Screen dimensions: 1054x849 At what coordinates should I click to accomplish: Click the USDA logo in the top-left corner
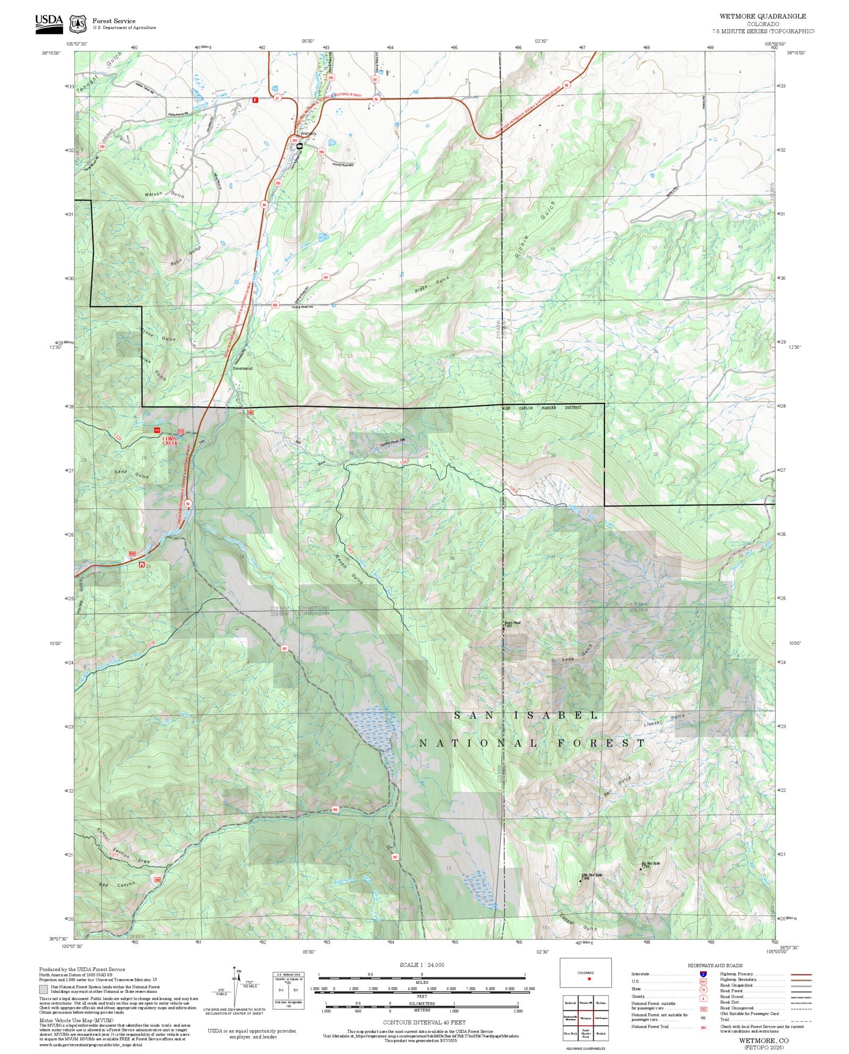click(49, 24)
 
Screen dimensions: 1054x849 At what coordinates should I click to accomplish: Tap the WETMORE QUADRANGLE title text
click(763, 16)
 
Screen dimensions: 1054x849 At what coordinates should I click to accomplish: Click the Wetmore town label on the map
click(308, 134)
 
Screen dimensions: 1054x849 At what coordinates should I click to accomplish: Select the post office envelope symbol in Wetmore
click(300, 145)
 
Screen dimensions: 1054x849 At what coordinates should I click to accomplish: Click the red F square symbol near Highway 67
click(255, 100)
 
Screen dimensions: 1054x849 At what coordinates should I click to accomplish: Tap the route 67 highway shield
click(277, 98)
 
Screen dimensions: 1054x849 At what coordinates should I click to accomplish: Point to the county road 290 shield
click(102, 146)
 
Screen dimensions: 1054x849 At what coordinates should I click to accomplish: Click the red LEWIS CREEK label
click(170, 440)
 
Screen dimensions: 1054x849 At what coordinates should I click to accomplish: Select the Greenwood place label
click(243, 368)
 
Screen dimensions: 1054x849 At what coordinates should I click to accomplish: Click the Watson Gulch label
click(164, 195)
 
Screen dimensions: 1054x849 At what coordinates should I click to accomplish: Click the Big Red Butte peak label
click(651, 863)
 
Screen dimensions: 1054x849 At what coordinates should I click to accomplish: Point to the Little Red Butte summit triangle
click(581, 880)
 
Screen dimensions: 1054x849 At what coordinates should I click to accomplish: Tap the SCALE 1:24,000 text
click(422, 965)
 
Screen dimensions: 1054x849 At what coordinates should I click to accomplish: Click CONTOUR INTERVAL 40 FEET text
click(424, 1022)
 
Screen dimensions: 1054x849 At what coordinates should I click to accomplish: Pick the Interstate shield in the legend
click(703, 974)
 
